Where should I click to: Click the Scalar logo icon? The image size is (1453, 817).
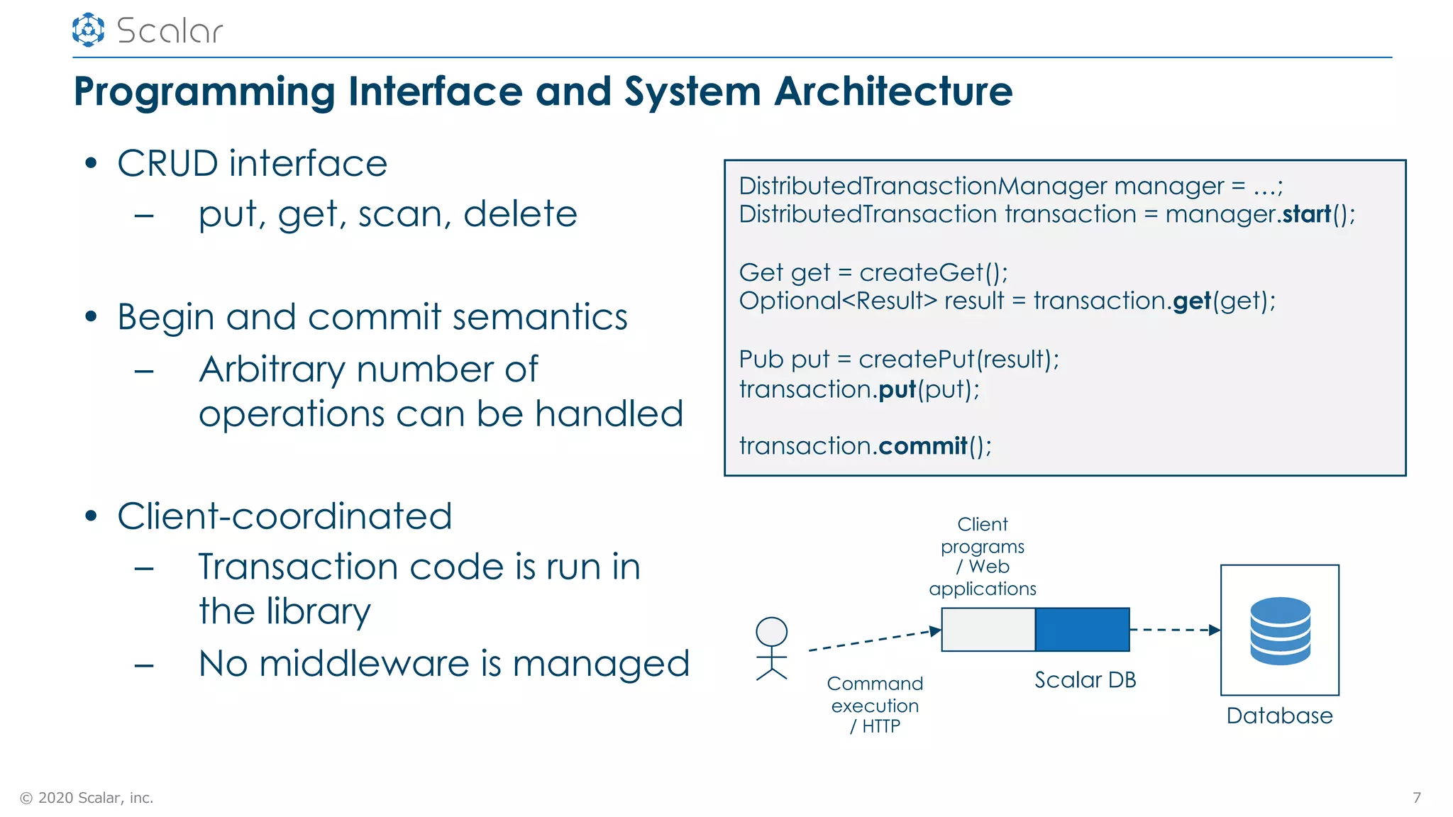click(x=88, y=30)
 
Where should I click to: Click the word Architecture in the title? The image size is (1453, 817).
click(x=893, y=91)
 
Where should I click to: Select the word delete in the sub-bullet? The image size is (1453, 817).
click(x=520, y=214)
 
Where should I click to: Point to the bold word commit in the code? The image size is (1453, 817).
click(x=922, y=446)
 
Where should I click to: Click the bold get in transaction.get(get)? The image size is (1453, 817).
click(x=1192, y=301)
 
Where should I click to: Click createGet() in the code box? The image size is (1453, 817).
click(x=933, y=272)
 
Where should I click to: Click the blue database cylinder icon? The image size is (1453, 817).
click(x=1280, y=630)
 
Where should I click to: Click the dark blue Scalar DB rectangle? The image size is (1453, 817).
click(x=1082, y=630)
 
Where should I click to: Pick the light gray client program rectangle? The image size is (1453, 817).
click(x=988, y=630)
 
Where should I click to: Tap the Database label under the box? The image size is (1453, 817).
click(x=1279, y=716)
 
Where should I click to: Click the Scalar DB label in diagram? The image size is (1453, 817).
click(x=1085, y=680)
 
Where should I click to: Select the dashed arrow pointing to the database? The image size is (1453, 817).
click(x=1174, y=630)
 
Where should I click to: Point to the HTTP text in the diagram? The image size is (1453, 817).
click(x=881, y=727)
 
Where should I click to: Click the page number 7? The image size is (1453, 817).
click(x=1416, y=798)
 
